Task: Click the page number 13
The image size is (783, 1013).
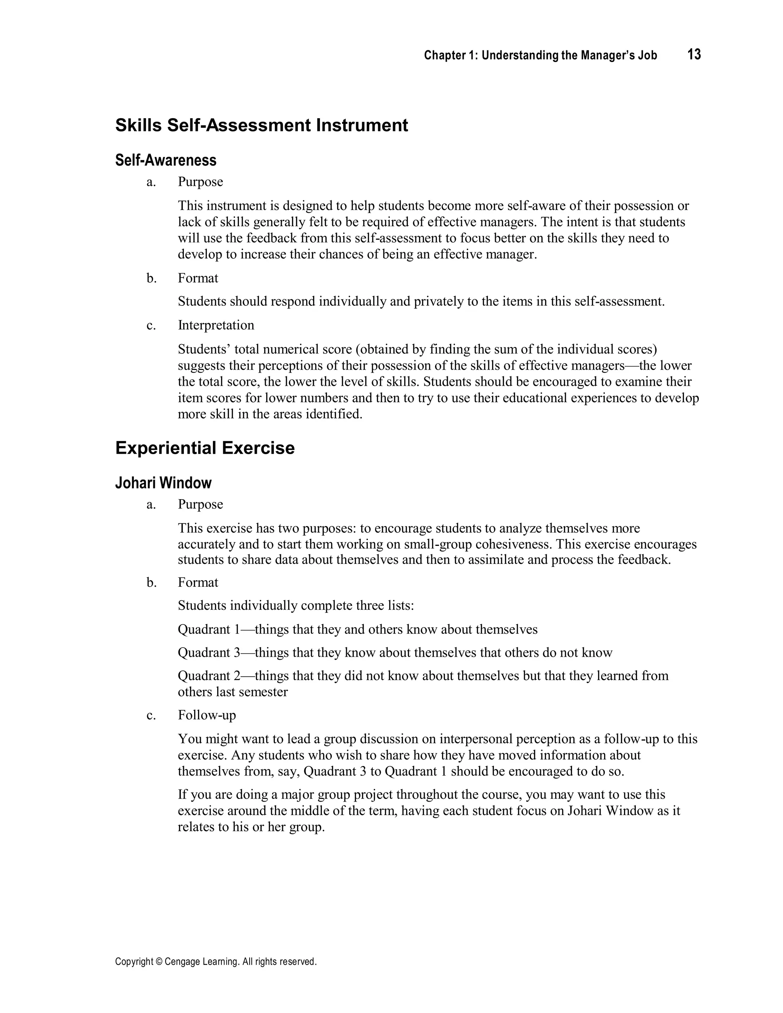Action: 694,55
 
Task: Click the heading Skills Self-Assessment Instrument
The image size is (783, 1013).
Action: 262,125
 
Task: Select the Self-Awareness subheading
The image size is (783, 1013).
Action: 166,160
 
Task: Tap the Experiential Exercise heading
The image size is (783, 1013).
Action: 205,448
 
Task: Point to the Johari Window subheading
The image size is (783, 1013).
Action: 163,483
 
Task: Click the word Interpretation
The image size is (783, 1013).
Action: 216,325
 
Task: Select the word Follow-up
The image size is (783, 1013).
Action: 207,715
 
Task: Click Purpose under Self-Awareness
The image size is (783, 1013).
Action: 200,182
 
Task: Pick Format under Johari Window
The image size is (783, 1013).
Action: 198,583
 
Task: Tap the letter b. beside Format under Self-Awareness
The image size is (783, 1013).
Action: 151,278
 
